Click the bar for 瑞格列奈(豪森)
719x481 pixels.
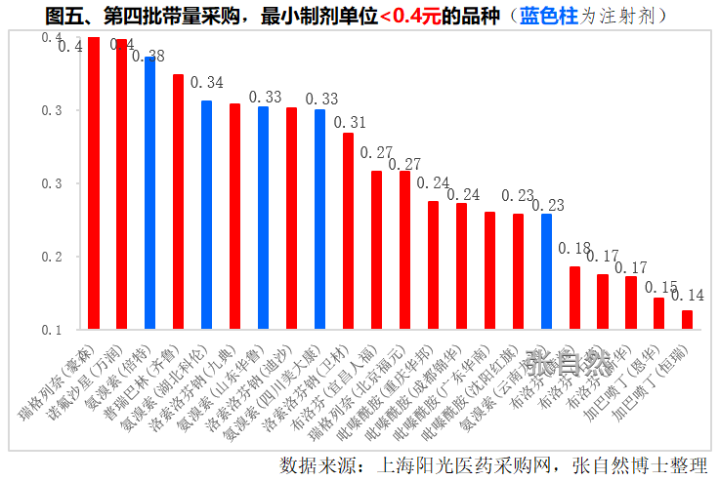[94, 185]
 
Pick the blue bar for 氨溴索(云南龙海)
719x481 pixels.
[546, 272]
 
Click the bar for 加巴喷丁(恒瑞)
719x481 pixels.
[687, 320]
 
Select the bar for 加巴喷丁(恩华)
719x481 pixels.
[658, 314]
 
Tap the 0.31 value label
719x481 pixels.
[351, 123]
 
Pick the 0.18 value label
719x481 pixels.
[574, 248]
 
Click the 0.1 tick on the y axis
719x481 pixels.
[52, 330]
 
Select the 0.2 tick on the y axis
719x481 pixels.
[52, 257]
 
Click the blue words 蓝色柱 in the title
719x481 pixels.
[546, 17]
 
